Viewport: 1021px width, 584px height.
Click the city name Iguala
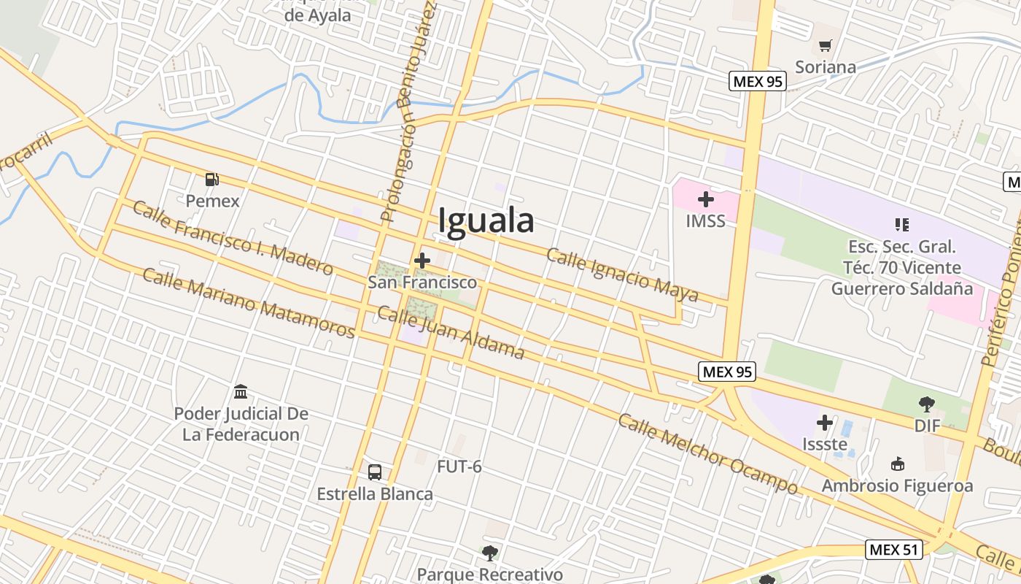pyautogui.click(x=486, y=220)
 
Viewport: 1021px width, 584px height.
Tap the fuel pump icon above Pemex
pyautogui.click(x=212, y=179)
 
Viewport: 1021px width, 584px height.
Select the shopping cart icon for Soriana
pyautogui.click(x=825, y=47)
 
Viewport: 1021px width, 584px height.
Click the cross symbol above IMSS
pyautogui.click(x=705, y=199)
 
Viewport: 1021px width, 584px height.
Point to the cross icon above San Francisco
pyautogui.click(x=422, y=261)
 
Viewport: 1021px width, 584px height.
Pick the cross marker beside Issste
pyautogui.click(x=825, y=423)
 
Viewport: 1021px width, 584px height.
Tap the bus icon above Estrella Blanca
pyautogui.click(x=375, y=472)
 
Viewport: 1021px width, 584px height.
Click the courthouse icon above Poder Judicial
pyautogui.click(x=241, y=392)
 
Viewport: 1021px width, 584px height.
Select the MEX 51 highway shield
pyautogui.click(x=894, y=549)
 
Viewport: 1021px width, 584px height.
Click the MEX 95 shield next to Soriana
pyautogui.click(x=758, y=81)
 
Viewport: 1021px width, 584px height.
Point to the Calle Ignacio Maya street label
pyautogui.click(x=622, y=275)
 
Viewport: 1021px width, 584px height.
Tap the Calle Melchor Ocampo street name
pyautogui.click(x=708, y=453)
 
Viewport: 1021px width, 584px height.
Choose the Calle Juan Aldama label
pyautogui.click(x=451, y=333)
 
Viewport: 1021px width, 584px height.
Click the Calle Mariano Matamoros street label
pyautogui.click(x=248, y=302)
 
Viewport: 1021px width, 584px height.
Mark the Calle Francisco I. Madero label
pyautogui.click(x=233, y=238)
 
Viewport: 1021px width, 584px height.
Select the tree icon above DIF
pyautogui.click(x=927, y=404)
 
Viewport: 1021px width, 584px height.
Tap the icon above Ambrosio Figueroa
pyautogui.click(x=898, y=464)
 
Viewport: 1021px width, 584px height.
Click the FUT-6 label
pyautogui.click(x=459, y=466)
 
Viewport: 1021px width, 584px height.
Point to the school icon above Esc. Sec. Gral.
pyautogui.click(x=902, y=224)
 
